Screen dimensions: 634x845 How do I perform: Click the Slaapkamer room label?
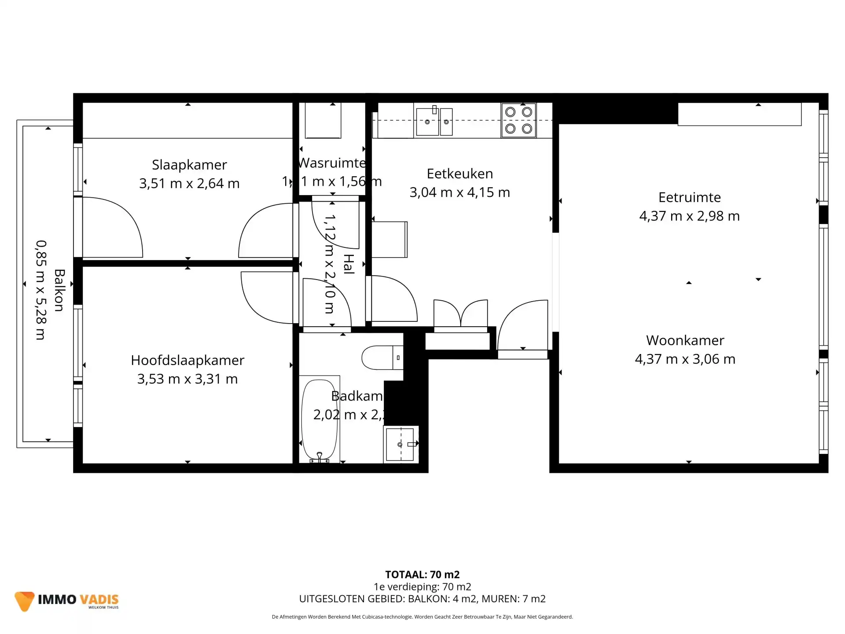tap(189, 165)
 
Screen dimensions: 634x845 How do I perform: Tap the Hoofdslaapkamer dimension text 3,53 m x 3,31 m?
tap(187, 379)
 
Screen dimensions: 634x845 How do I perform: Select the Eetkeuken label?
tap(459, 173)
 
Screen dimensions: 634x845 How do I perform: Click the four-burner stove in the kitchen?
tap(518, 120)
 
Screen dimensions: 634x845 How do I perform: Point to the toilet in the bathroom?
tap(381, 358)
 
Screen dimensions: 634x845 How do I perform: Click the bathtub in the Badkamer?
tap(319, 420)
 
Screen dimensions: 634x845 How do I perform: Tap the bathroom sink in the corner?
tap(400, 444)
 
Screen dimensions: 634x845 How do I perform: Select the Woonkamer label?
tap(685, 340)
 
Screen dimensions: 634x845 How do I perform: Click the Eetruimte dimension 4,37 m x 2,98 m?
tap(689, 216)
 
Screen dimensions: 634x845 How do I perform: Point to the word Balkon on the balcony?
tap(59, 290)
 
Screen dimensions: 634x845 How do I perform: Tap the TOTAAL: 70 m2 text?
tap(422, 575)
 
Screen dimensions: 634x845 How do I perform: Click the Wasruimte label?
tap(332, 163)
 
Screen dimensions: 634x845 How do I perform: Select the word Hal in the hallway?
tap(349, 264)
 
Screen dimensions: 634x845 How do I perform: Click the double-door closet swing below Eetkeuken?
tap(460, 313)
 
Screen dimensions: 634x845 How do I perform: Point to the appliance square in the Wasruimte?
tap(323, 120)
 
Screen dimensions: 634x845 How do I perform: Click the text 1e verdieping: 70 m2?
tap(422, 587)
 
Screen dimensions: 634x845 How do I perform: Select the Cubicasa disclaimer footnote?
tap(422, 617)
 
